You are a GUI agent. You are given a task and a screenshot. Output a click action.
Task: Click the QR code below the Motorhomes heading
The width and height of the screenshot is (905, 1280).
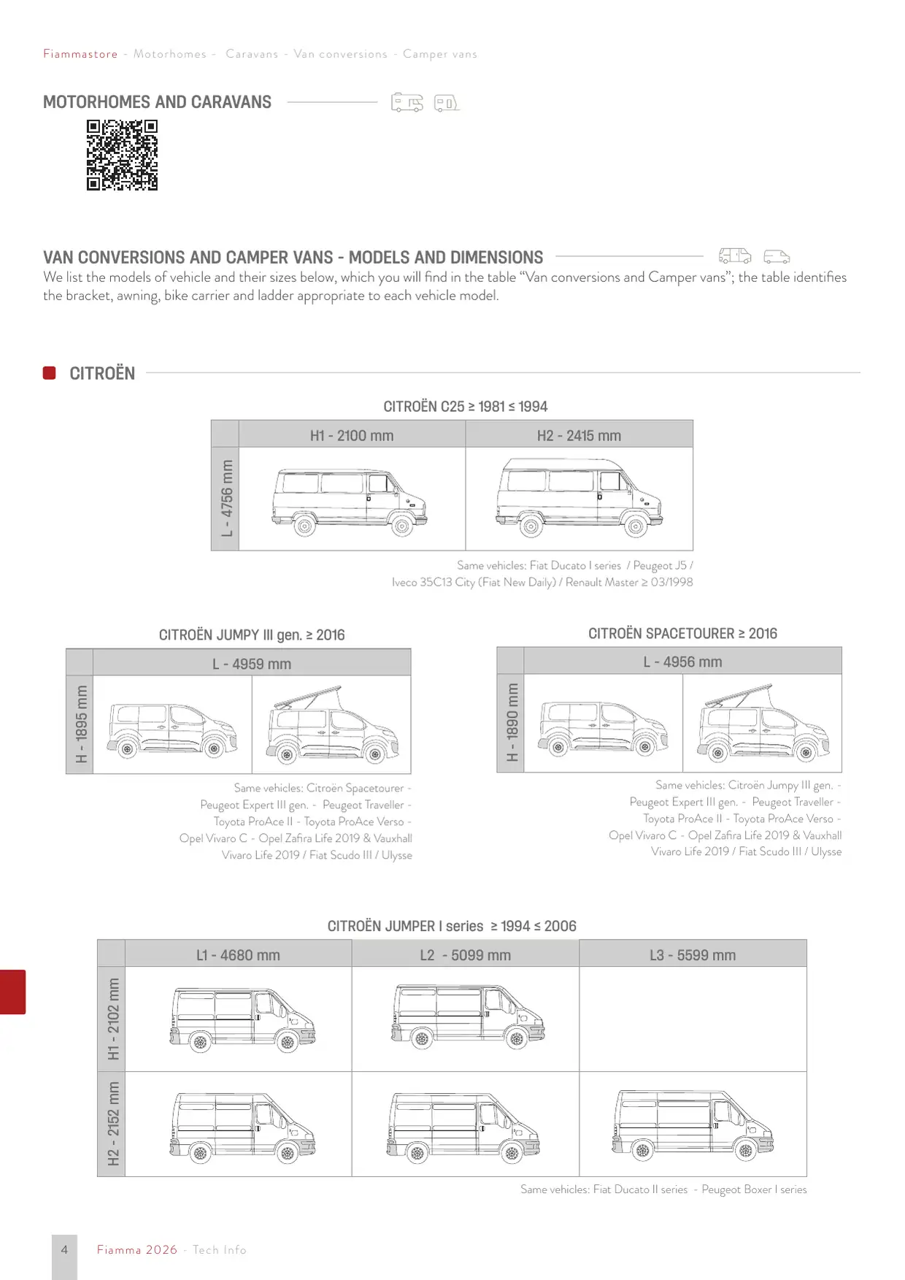coord(122,155)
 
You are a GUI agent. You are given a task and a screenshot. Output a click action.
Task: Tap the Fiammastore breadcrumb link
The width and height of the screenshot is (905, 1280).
coord(80,54)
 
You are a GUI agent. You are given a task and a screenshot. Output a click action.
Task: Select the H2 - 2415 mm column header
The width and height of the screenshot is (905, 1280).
coord(579,435)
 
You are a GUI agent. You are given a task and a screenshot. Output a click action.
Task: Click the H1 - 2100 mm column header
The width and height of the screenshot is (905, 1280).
coord(352,435)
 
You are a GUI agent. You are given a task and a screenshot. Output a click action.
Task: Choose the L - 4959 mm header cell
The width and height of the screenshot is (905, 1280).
coord(252,663)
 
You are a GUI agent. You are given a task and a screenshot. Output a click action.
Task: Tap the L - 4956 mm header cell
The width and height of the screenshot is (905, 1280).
coord(682,662)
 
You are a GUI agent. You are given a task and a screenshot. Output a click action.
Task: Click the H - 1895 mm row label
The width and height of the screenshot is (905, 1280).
coord(80,724)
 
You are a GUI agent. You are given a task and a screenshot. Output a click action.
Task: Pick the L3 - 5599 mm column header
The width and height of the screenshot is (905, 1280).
coord(693,954)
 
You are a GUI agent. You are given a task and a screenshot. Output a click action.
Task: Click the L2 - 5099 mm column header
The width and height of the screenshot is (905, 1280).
coord(466,954)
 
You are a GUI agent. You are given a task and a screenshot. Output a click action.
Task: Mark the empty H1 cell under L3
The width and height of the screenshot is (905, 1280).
coord(693,1019)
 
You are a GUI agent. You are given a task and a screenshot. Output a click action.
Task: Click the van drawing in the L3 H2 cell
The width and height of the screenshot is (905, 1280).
coord(693,1124)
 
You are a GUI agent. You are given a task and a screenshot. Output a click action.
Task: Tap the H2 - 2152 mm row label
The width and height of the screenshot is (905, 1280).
coord(112,1124)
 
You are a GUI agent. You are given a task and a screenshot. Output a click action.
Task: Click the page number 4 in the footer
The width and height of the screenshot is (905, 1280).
coord(64,1249)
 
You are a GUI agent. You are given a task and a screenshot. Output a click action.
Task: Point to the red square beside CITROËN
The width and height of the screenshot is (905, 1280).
coord(50,373)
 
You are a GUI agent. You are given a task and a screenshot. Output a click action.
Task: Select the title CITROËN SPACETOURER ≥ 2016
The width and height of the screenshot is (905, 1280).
coord(682,633)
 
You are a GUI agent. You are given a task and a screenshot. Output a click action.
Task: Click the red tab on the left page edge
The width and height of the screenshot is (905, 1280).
coord(12,992)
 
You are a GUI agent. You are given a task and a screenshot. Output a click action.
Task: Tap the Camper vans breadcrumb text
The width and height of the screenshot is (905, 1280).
coord(440,54)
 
